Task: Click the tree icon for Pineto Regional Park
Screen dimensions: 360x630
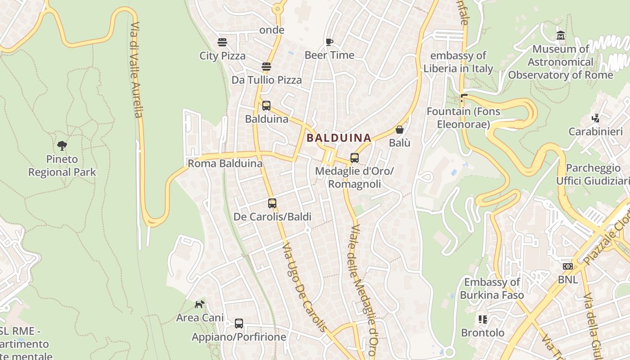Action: pos(62,145)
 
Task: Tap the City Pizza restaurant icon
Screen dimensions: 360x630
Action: pos(222,42)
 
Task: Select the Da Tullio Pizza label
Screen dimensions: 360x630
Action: pos(266,80)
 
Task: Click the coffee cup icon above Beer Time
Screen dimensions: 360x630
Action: pos(329,42)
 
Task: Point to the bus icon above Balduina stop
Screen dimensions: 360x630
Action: pos(266,106)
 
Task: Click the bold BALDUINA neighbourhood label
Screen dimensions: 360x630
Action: pos(339,138)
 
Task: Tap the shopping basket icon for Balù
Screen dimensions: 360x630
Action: pos(399,130)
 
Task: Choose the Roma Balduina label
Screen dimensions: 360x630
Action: pos(225,163)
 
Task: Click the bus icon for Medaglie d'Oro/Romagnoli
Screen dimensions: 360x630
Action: pos(355,158)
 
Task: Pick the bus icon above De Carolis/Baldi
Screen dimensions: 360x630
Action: pos(272,203)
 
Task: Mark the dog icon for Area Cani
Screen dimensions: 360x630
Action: pos(199,305)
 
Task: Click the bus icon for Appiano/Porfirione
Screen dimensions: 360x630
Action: pos(239,324)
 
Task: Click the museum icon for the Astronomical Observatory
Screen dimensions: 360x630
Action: pos(561,36)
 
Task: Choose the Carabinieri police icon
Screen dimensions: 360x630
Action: pos(596,118)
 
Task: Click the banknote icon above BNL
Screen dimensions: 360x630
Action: pos(568,266)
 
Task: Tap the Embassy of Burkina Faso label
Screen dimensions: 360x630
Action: pos(492,288)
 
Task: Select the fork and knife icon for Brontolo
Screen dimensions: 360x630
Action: pos(483,319)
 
